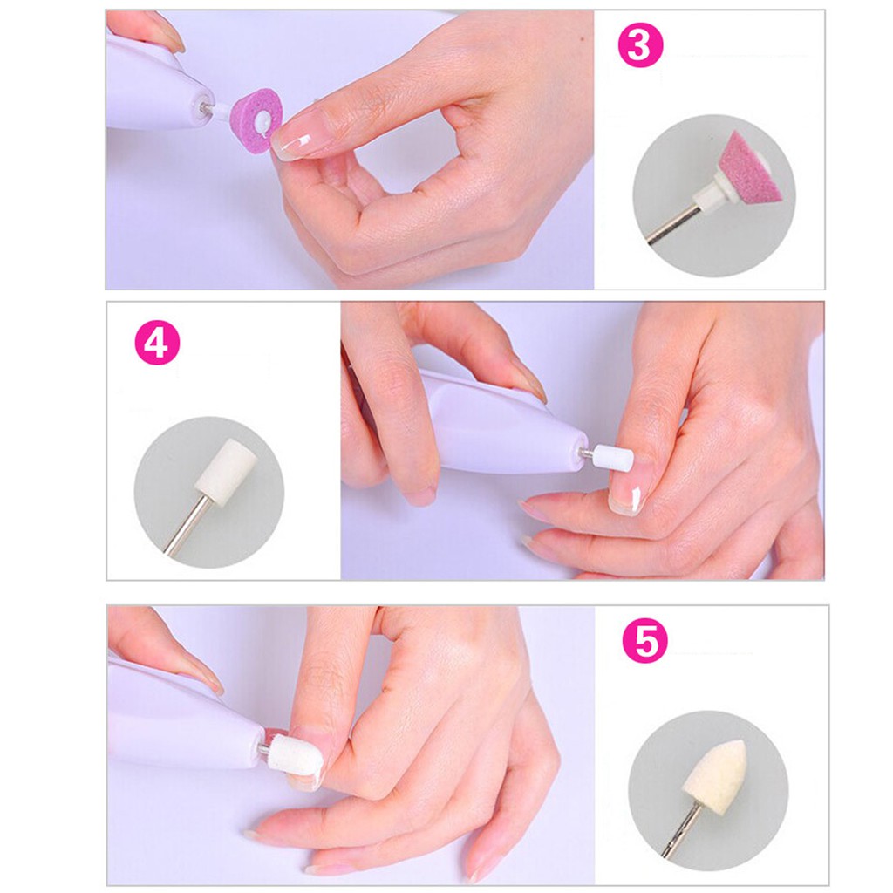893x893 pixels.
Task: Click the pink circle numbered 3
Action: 640,44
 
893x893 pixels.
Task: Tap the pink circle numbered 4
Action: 157,343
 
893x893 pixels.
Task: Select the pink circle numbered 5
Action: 644,641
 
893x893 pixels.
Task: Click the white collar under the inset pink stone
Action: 717,188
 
